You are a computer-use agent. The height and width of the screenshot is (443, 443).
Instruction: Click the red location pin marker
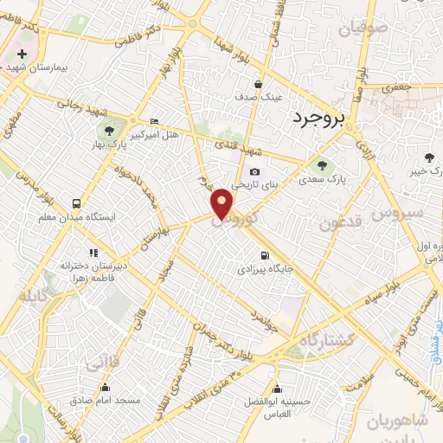click(222, 203)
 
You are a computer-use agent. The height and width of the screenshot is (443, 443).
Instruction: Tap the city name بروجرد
click(318, 117)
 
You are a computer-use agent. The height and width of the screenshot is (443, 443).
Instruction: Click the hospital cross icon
click(22, 55)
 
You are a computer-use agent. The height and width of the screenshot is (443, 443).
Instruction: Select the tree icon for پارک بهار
click(109, 132)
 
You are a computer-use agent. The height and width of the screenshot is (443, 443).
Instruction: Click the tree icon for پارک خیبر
click(430, 157)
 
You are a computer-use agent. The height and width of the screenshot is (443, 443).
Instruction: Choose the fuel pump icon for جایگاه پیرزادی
click(264, 255)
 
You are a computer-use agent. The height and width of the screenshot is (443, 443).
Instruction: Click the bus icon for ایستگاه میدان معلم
click(77, 204)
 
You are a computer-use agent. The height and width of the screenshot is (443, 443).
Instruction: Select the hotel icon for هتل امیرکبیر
click(155, 120)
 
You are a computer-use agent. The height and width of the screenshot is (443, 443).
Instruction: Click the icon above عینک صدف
click(262, 84)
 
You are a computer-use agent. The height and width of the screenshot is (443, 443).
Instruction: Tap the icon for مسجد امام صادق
click(106, 387)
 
